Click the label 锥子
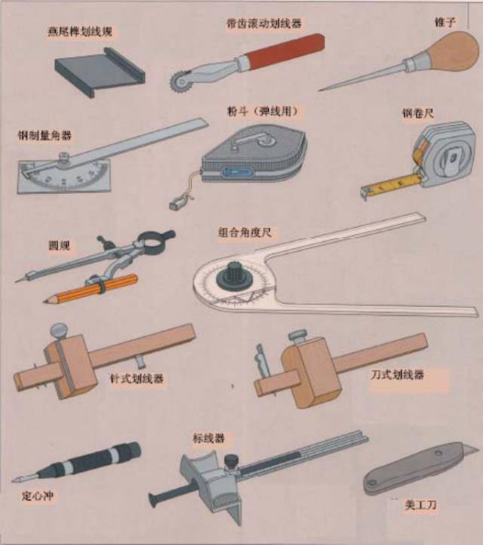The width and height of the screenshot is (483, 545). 445,23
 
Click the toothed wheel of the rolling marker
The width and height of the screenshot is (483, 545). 179,82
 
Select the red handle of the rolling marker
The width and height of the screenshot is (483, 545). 285,51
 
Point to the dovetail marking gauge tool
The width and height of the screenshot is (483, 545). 100,72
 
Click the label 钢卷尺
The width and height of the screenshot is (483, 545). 418,113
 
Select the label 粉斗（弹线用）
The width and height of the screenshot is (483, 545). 263,111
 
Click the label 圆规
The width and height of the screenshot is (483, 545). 60,246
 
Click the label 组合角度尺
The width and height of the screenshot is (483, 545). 245,232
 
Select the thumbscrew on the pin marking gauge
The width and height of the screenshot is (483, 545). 58,331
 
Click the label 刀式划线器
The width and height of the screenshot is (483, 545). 397,374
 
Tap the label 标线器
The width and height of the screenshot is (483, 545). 209,438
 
